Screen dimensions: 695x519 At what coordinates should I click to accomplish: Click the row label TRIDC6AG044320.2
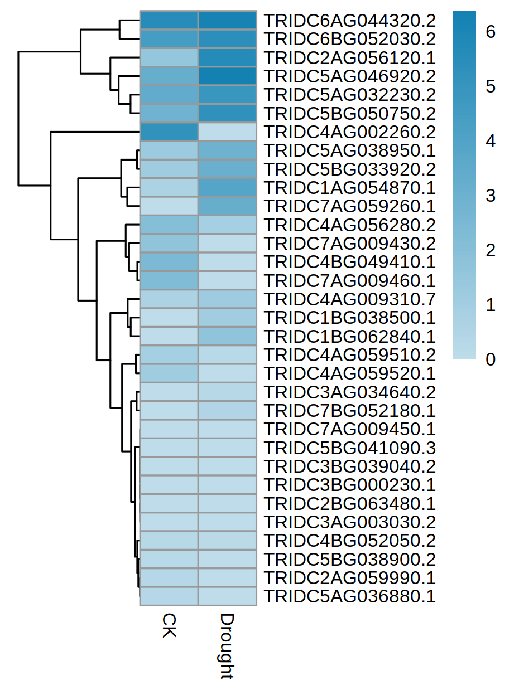click(349, 21)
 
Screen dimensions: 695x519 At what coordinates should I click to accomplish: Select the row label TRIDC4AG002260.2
click(349, 132)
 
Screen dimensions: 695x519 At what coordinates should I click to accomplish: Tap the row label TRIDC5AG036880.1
click(349, 596)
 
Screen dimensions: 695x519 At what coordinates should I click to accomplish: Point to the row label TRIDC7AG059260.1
click(349, 206)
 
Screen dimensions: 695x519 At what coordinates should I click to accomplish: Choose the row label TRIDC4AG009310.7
click(349, 299)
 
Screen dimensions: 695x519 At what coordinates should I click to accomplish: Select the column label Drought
click(226, 647)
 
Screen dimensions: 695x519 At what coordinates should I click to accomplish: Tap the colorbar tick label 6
click(491, 32)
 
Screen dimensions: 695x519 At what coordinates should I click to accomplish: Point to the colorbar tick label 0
click(491, 359)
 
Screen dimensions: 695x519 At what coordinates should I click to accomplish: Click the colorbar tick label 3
click(491, 196)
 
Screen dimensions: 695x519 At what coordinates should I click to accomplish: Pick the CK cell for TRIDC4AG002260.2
click(169, 132)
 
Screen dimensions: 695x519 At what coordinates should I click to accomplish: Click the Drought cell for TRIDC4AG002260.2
click(227, 132)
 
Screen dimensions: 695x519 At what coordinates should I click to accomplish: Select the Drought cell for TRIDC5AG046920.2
click(227, 76)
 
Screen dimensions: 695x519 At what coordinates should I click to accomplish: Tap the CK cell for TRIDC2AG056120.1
click(169, 57)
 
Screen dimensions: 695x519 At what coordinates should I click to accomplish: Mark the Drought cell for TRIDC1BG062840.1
click(227, 336)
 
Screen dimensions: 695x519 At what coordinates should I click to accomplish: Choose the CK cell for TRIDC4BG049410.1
click(169, 262)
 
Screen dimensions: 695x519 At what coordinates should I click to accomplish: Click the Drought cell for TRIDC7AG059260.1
click(227, 206)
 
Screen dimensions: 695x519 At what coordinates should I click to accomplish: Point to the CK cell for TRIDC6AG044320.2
click(169, 21)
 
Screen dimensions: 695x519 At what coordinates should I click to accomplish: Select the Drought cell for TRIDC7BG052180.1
click(227, 411)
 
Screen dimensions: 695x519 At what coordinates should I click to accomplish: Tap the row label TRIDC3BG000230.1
click(349, 485)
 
